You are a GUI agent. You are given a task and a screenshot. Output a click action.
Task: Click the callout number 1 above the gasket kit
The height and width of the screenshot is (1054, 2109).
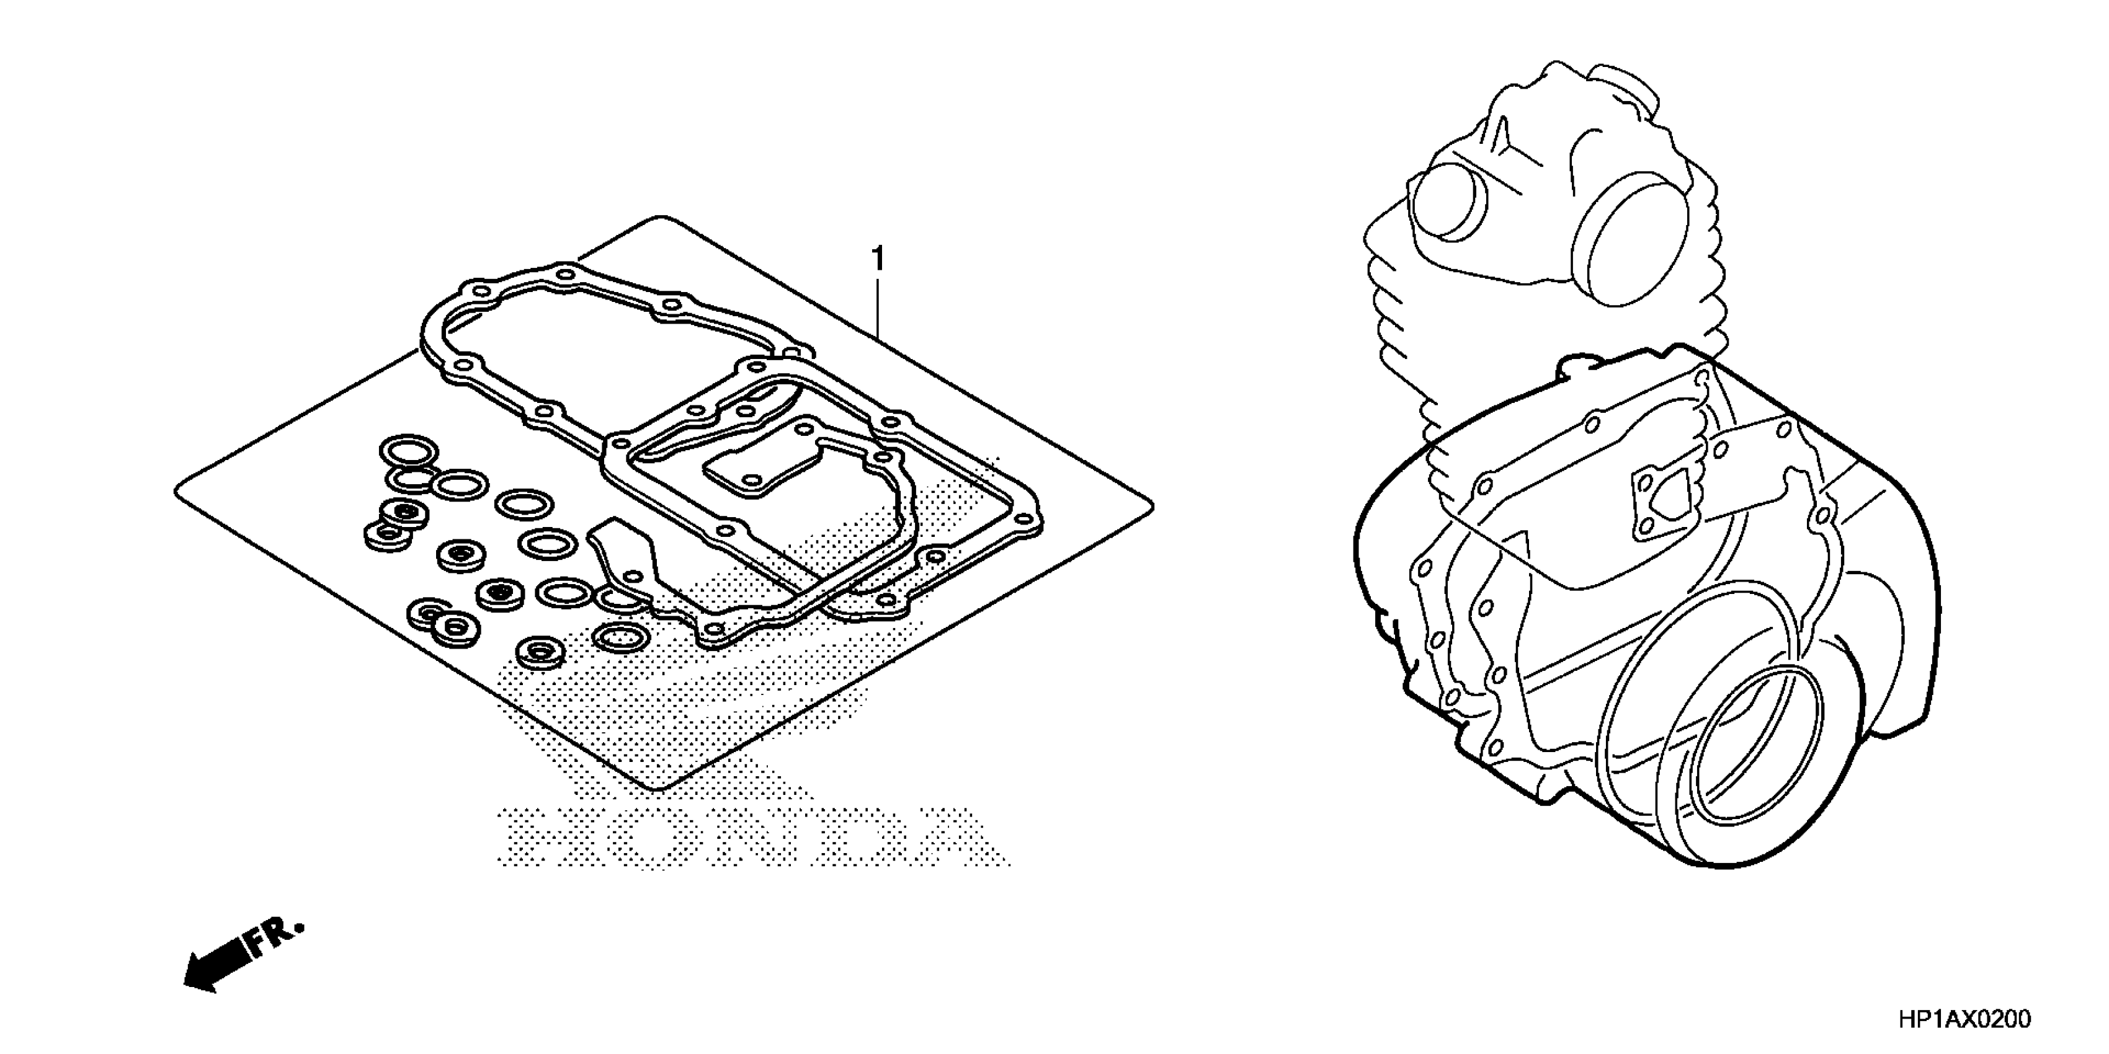pyautogui.click(x=878, y=259)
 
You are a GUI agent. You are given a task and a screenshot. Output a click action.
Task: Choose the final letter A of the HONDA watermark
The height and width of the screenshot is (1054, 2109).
pyautogui.click(x=954, y=836)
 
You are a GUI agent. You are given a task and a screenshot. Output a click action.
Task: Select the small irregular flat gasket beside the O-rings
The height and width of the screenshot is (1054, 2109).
pyautogui.click(x=626, y=557)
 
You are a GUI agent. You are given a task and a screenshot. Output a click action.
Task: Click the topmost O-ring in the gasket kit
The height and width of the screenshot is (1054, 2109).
pyautogui.click(x=407, y=451)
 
